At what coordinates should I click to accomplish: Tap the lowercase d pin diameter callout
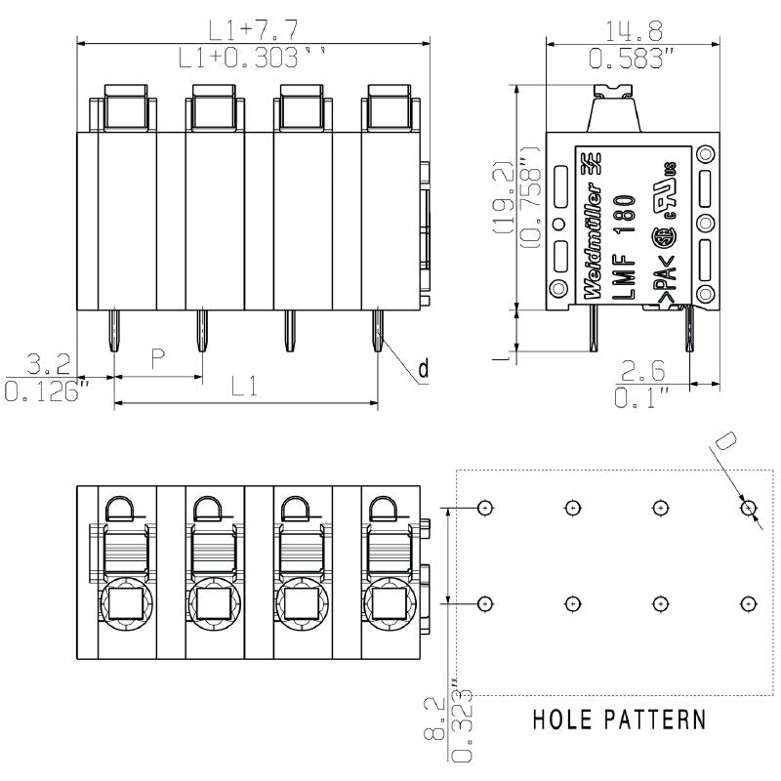coord(423,368)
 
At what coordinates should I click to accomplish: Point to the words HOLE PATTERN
coord(619,720)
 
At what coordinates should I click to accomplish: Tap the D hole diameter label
coord(724,441)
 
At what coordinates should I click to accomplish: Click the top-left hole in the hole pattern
coord(485,508)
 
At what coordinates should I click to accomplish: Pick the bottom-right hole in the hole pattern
coord(748,603)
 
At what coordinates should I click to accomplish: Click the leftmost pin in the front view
coord(115,332)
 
